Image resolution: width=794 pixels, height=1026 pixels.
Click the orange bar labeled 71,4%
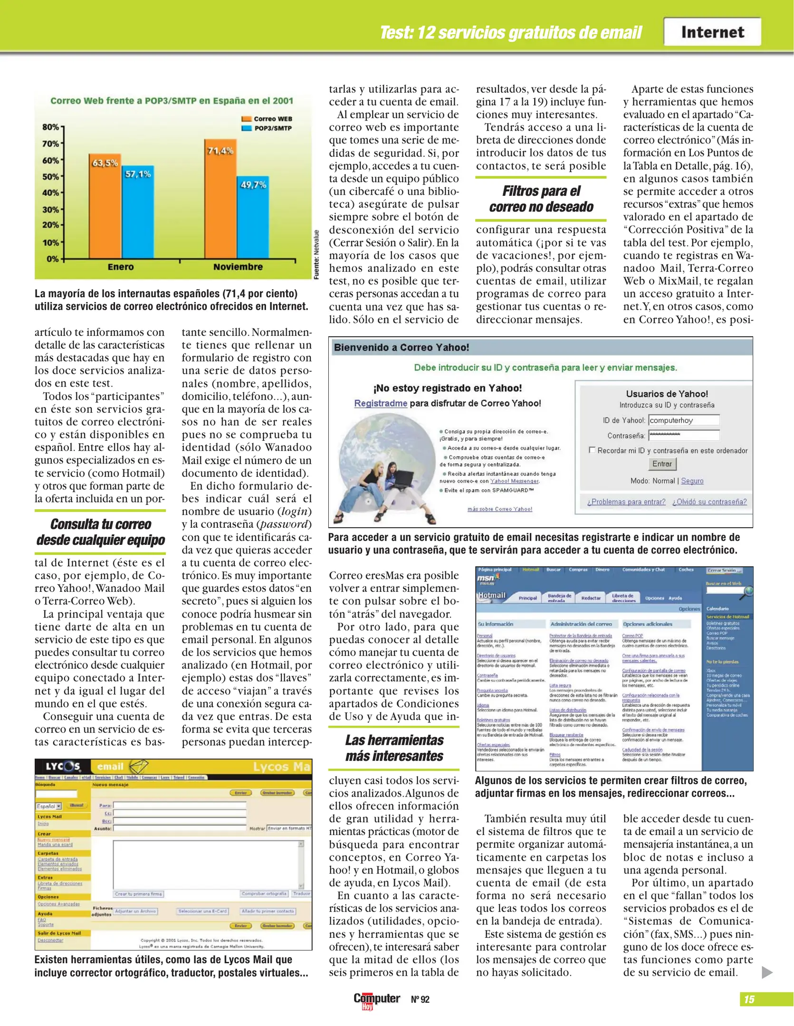pyautogui.click(x=220, y=199)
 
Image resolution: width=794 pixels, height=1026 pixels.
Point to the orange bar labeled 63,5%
pyautogui.click(x=105, y=207)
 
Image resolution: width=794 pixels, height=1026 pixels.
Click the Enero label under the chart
pyautogui.click(x=120, y=267)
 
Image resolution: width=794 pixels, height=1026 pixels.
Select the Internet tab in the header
pyautogui.click(x=712, y=32)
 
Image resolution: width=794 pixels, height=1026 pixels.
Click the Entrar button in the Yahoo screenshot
pyautogui.click(x=662, y=464)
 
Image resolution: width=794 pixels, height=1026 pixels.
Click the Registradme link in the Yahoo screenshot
pyautogui.click(x=381, y=403)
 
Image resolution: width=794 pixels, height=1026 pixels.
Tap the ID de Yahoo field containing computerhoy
pyautogui.click(x=684, y=420)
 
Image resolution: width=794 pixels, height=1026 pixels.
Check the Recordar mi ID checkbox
pyautogui.click(x=592, y=449)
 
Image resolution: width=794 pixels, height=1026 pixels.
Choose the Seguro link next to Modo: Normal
pyautogui.click(x=692, y=481)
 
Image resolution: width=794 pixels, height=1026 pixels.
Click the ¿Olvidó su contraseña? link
pyautogui.click(x=709, y=502)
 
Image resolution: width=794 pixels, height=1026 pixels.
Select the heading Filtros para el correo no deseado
pyautogui.click(x=541, y=199)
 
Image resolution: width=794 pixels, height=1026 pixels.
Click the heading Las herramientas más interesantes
pyautogui.click(x=394, y=748)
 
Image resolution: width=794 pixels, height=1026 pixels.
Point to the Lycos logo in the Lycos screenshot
pyautogui.click(x=63, y=766)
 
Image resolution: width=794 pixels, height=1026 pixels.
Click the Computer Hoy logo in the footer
pyautogui.click(x=376, y=999)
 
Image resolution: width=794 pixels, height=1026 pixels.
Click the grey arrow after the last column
pyautogui.click(x=766, y=972)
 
